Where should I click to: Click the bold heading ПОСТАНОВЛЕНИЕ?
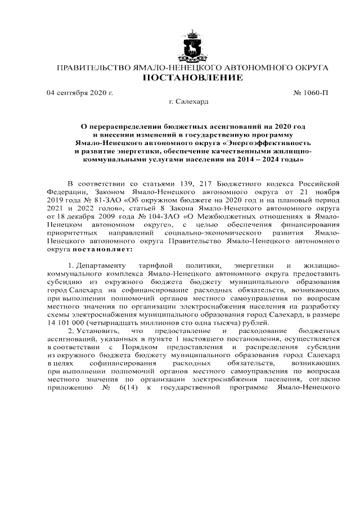193,78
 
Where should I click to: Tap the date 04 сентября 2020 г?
79,92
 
